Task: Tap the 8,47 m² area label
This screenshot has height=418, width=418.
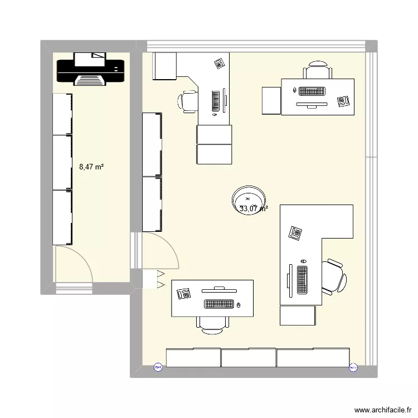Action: [x=92, y=166]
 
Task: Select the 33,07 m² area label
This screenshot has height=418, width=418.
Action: [x=254, y=209]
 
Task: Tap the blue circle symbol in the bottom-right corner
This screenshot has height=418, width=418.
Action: [x=352, y=367]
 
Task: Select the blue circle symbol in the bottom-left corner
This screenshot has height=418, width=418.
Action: [x=158, y=367]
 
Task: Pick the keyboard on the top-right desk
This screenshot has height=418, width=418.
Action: [x=312, y=91]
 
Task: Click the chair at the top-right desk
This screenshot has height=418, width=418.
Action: [x=318, y=70]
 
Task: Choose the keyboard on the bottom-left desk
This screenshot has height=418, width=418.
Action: [x=219, y=304]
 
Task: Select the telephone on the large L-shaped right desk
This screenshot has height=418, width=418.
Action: [x=295, y=232]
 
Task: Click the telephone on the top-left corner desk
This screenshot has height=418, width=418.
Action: [x=219, y=63]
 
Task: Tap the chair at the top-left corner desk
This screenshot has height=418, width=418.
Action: [x=188, y=101]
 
